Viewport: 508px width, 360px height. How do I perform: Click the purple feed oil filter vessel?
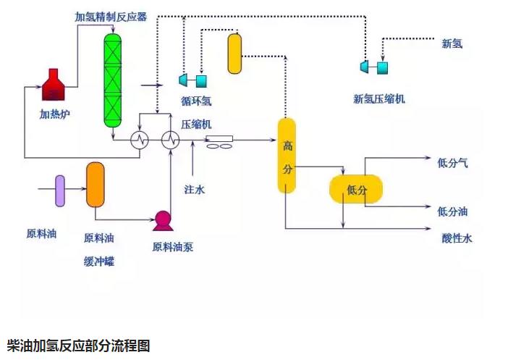coord(59,191)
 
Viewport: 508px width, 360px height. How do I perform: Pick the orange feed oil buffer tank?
coord(96,185)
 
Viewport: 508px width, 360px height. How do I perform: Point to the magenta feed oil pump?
coord(162,219)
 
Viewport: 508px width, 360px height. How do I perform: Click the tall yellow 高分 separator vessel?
coord(287,156)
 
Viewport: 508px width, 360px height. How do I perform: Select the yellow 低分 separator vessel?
coord(355,190)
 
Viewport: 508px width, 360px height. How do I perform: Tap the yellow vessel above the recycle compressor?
coord(234,54)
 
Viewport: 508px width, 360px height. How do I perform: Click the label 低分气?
coord(453,163)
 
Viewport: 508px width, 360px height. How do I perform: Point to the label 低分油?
coord(453,212)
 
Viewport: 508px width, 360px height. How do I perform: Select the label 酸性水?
coord(457,238)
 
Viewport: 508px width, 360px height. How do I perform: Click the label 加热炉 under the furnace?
coord(56,114)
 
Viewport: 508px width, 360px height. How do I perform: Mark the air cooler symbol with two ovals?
coord(220,143)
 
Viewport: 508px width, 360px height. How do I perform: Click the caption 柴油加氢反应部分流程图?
coord(78,346)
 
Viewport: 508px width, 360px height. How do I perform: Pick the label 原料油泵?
coord(172,247)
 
